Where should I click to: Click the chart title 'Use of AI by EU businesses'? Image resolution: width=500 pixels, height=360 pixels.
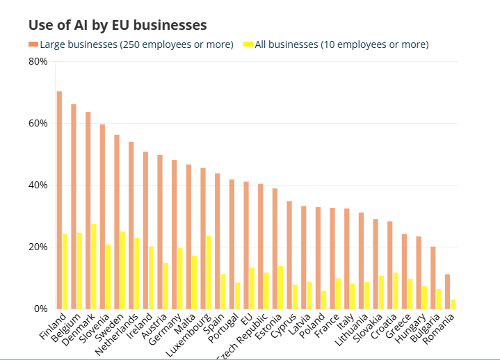118,25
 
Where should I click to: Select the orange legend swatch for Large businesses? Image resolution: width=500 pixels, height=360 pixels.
33,44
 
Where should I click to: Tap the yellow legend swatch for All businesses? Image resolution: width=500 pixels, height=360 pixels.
248,44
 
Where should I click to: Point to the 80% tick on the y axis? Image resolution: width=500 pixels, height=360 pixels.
38,61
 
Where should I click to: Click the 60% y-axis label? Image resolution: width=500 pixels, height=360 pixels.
38,123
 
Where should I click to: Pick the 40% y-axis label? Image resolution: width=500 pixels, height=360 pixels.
38,185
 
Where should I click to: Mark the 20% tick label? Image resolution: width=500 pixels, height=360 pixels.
38,247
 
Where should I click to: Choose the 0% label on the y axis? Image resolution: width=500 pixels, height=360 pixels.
40,309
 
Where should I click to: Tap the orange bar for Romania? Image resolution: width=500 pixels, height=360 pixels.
447,291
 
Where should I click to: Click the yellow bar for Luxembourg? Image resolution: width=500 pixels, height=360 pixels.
209,272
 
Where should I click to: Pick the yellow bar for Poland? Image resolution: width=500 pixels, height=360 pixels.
324,300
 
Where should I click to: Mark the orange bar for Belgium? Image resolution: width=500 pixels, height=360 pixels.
74,206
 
